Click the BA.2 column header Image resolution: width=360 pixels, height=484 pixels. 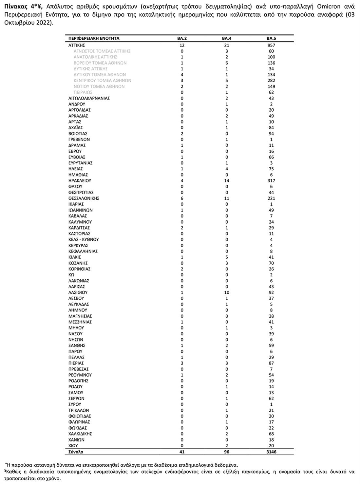point(182,38)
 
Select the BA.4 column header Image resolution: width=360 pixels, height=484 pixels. point(227,38)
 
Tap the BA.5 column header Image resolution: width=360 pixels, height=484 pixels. point(271,38)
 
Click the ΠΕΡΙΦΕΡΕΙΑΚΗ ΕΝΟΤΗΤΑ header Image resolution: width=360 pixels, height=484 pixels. point(94,38)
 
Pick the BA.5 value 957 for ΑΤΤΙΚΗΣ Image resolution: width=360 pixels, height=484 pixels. point(271,45)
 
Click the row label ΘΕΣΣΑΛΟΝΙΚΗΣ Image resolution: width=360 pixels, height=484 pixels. point(84,198)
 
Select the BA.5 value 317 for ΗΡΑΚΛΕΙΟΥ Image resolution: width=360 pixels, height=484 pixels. point(271,180)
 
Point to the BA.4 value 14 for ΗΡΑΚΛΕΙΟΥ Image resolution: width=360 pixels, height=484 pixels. point(227,180)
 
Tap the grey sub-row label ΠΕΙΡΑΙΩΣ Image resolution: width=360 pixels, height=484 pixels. point(83,92)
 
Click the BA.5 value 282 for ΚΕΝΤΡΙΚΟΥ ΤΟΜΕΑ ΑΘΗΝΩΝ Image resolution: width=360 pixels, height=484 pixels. point(271,81)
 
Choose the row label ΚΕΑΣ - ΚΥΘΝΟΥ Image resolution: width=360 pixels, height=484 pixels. point(84,239)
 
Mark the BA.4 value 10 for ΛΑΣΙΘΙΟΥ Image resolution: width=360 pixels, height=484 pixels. point(227,292)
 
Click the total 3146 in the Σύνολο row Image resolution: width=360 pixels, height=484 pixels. point(271,452)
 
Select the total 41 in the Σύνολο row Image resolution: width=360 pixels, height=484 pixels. point(182,452)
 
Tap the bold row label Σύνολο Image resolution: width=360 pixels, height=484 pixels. point(76,452)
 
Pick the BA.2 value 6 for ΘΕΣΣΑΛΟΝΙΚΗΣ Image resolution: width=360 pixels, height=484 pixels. point(182,198)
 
